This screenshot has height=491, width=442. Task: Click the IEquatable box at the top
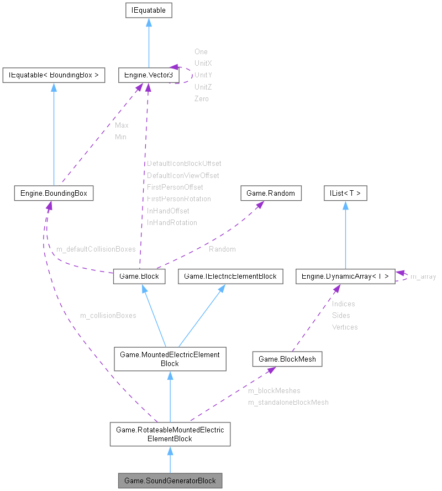pyautogui.click(x=149, y=10)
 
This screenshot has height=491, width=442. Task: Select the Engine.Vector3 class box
pyautogui.click(x=145, y=75)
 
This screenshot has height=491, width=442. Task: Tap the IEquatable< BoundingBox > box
pyautogui.click(x=54, y=75)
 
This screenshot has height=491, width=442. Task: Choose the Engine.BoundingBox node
pyautogui.click(x=54, y=193)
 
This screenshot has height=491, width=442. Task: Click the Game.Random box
pyautogui.click(x=271, y=193)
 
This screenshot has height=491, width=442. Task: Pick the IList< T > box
pyautogui.click(x=345, y=193)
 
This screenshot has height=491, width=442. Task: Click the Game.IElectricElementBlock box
pyautogui.click(x=230, y=276)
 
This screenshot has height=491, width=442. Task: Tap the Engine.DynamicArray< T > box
pyautogui.click(x=345, y=276)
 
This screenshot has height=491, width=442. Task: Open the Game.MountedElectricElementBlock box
pyautogui.click(x=170, y=359)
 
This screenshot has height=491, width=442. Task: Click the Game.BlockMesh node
pyautogui.click(x=287, y=359)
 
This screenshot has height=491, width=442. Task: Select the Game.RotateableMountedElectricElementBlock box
pyautogui.click(x=170, y=434)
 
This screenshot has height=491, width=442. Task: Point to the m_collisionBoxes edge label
pyautogui.click(x=108, y=316)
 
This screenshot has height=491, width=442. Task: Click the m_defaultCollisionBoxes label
pyautogui.click(x=96, y=249)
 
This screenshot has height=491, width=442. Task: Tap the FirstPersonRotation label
pyautogui.click(x=179, y=199)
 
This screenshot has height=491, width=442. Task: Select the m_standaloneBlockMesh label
pyautogui.click(x=288, y=403)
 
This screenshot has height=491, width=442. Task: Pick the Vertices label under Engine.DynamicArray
pyautogui.click(x=345, y=327)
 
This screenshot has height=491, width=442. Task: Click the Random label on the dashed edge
pyautogui.click(x=222, y=249)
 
